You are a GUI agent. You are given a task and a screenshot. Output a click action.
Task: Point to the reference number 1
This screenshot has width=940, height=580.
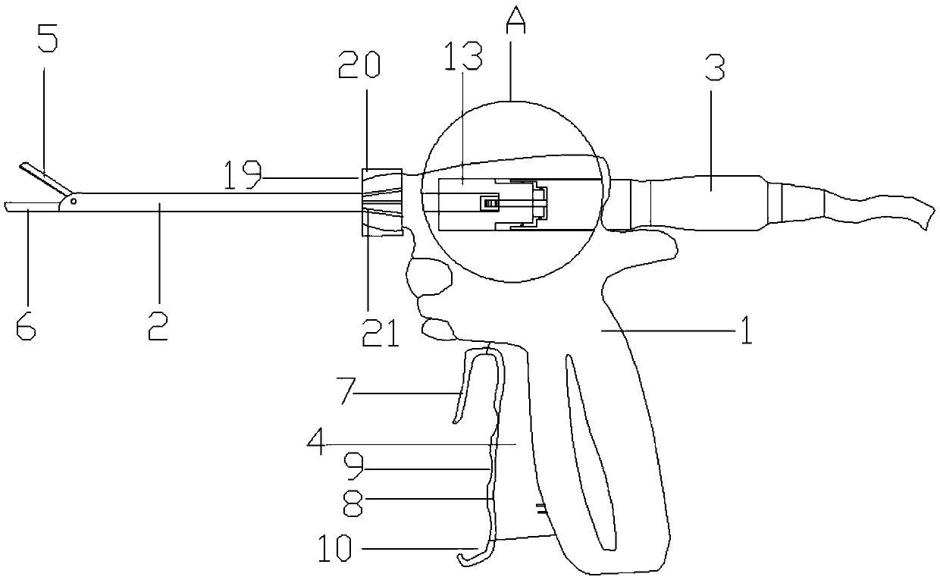click(747, 331)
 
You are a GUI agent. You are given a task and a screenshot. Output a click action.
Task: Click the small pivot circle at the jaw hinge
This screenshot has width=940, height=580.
click(73, 202)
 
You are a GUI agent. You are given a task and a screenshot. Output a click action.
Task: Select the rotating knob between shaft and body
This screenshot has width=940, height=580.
click(381, 202)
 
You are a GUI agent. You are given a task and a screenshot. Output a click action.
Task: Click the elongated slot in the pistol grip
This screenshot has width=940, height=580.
click(591, 447)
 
